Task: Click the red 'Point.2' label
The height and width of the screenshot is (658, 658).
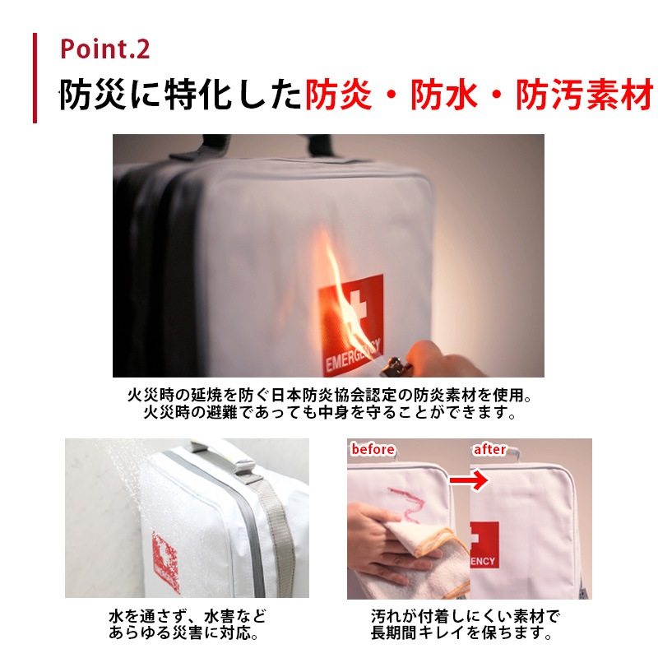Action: click(x=105, y=49)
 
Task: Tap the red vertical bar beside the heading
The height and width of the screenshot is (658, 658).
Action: click(x=35, y=78)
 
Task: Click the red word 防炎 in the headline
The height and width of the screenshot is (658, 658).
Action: click(x=338, y=95)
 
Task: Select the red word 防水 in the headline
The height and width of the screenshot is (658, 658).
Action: click(x=444, y=95)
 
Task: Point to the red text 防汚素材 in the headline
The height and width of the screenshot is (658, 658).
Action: click(x=585, y=95)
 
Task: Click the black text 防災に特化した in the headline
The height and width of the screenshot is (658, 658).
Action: click(x=180, y=95)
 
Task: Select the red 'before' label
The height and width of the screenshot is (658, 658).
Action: click(x=373, y=449)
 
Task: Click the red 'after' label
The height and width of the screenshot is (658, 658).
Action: click(x=489, y=449)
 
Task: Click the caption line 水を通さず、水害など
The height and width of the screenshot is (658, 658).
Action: click(x=188, y=616)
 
